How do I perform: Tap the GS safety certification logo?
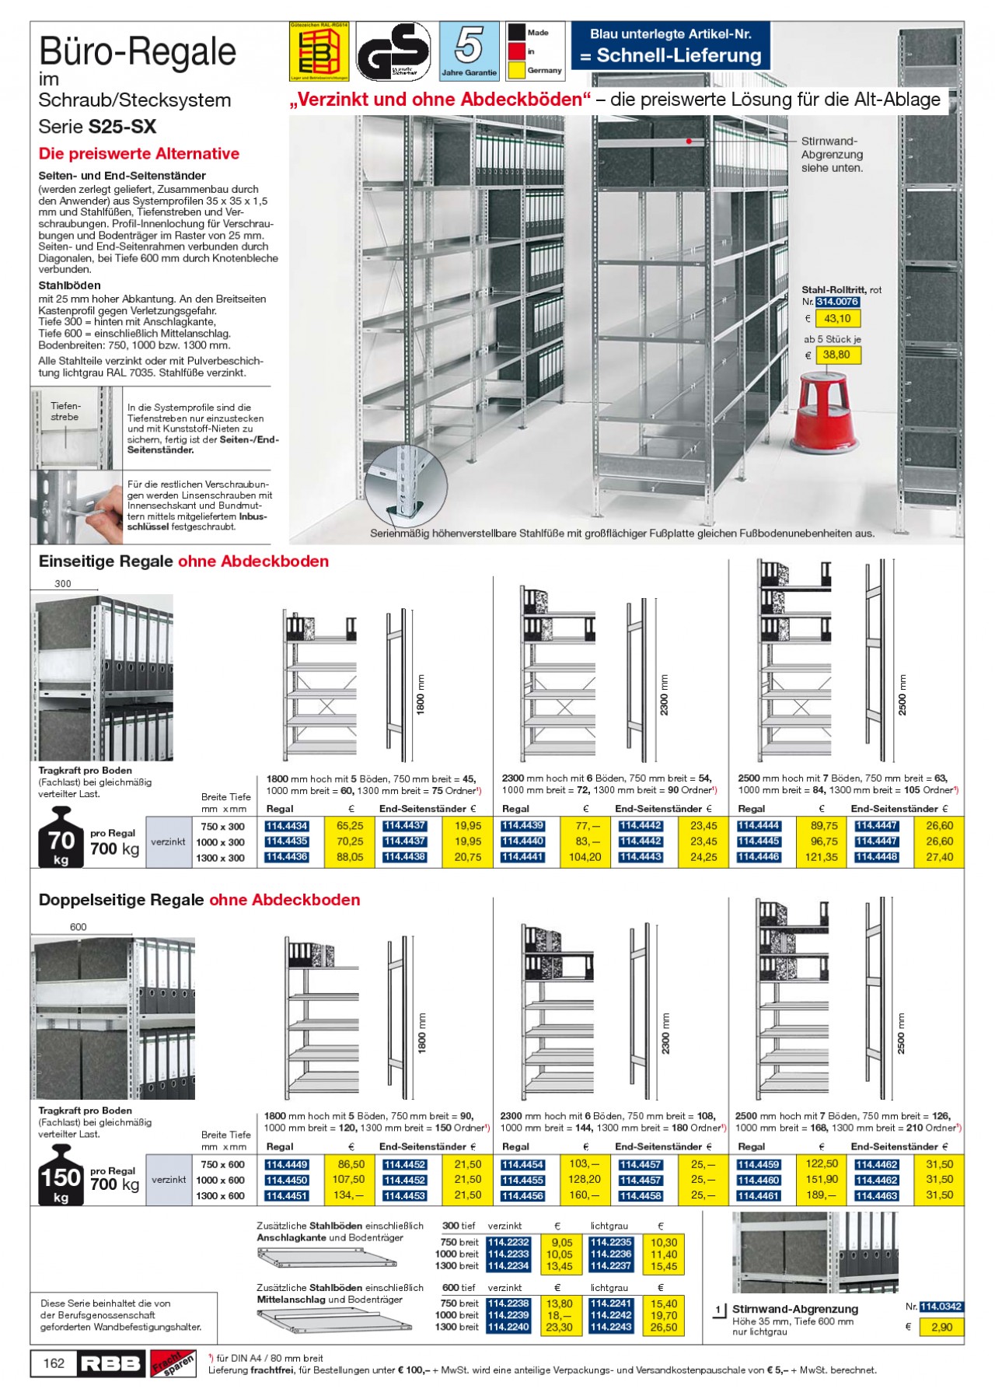coord(393,51)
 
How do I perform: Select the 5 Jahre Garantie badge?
coord(469,51)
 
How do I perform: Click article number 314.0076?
coord(837,302)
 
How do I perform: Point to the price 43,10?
coord(837,319)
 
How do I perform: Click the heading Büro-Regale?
coord(138,52)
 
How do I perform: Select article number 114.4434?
coord(287,826)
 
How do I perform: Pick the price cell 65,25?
coord(351,826)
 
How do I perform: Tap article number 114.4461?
coord(758,1195)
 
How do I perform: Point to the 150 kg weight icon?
coord(61,1178)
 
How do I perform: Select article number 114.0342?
coord(941,1307)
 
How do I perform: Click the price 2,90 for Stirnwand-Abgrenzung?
coord(941,1327)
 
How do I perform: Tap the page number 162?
coord(54,1363)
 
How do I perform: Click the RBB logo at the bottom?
coord(110,1363)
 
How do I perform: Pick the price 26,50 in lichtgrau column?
coord(663,1327)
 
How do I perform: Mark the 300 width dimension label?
coord(63,583)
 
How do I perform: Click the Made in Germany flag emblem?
coord(535,52)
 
